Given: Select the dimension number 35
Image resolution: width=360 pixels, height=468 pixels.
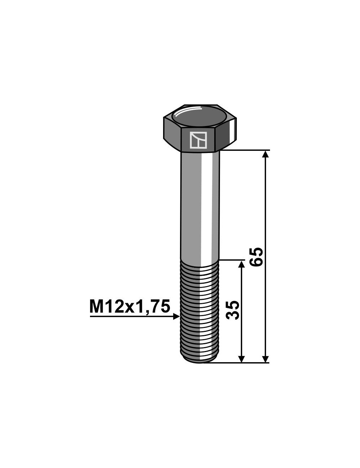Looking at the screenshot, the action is point(232,310).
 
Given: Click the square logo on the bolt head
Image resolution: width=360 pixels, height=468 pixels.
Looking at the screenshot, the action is point(198,140).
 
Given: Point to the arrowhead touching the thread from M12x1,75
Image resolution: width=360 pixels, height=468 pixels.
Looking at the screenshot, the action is point(176,316).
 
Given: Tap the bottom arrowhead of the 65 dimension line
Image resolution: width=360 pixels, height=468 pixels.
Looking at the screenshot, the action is point(266,359).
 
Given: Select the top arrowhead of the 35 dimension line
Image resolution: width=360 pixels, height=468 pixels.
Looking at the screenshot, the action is point(242,264).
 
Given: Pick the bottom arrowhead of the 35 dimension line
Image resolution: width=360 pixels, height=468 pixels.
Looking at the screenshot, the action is point(242,359).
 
